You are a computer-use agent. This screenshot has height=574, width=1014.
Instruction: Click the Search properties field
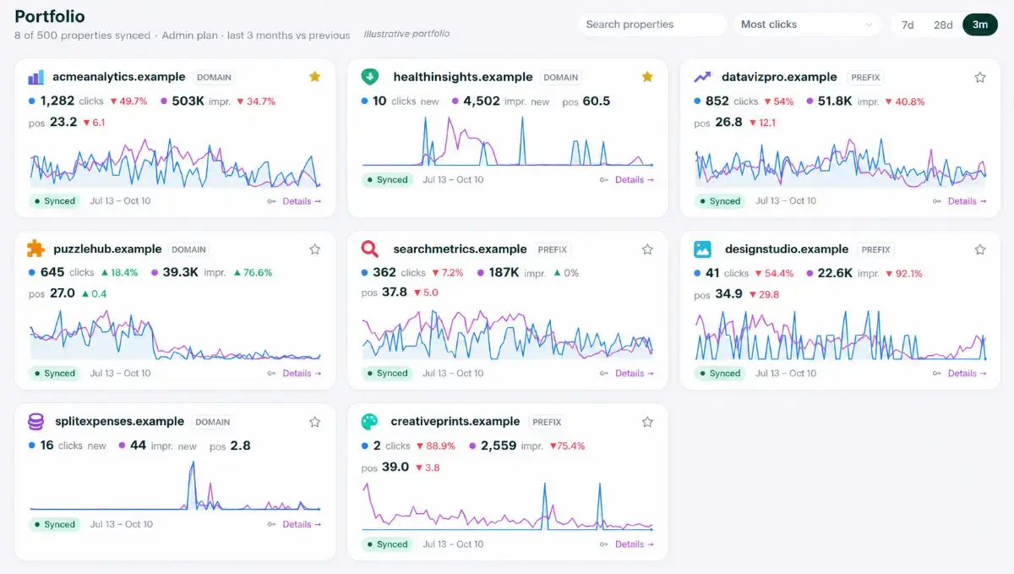[x=651, y=25]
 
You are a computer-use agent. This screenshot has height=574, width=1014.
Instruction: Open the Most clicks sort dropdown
[x=807, y=25]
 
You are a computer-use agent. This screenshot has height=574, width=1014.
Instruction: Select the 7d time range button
[x=908, y=25]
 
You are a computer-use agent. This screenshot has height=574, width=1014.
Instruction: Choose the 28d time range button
[x=943, y=25]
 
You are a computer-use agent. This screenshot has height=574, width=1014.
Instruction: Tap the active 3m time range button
[x=980, y=25]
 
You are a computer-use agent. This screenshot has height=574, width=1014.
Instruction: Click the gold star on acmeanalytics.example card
[x=315, y=77]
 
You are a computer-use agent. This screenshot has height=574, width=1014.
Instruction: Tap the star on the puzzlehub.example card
[x=315, y=249]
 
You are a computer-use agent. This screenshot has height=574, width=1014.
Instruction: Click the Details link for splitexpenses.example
[x=302, y=524]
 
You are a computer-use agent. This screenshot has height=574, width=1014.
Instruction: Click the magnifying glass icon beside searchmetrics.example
[x=369, y=249]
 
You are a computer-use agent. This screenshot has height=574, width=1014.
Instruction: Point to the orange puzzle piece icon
[x=35, y=249]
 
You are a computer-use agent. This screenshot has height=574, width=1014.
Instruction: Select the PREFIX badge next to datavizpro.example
[x=865, y=78]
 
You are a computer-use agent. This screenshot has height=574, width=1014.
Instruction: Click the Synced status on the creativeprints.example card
[x=388, y=544]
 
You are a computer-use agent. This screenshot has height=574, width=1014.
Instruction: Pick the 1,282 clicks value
[x=57, y=101]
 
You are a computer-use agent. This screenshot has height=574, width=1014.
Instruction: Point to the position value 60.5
[x=597, y=101]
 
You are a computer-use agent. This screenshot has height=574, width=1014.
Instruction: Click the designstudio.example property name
[x=787, y=249]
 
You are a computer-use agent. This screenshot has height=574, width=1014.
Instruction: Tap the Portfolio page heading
[x=50, y=16]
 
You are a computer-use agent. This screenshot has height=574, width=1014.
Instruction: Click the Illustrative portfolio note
[x=406, y=34]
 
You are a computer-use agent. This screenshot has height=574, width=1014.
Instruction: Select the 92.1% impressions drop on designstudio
[x=904, y=274]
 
